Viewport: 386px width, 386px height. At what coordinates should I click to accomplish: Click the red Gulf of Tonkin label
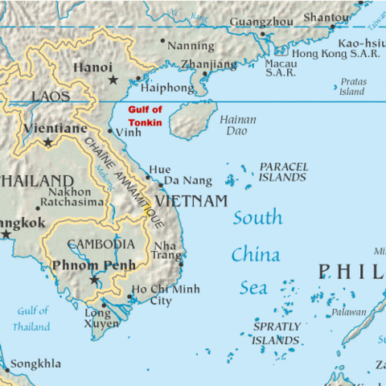tap(146, 117)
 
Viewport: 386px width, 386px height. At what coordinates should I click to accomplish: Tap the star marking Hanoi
tap(113, 80)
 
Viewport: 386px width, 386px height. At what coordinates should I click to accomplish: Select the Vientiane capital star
tap(48, 142)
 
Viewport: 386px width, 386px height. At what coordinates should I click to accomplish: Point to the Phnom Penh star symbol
tap(94, 281)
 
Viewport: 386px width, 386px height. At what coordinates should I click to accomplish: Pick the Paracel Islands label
tap(282, 171)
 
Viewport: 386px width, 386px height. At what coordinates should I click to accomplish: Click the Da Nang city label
tap(187, 181)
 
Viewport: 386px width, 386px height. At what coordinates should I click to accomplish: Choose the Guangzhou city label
tap(261, 22)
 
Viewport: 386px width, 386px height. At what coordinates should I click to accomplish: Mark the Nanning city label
tap(191, 46)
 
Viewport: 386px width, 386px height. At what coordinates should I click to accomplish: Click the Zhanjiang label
tap(209, 64)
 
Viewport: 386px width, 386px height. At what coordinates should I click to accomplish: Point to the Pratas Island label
tap(352, 86)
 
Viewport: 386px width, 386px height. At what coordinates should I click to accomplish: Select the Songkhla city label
tap(35, 364)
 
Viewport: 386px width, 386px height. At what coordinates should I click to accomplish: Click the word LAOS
tap(51, 97)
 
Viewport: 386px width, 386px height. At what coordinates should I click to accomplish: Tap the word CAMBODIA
tap(101, 244)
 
